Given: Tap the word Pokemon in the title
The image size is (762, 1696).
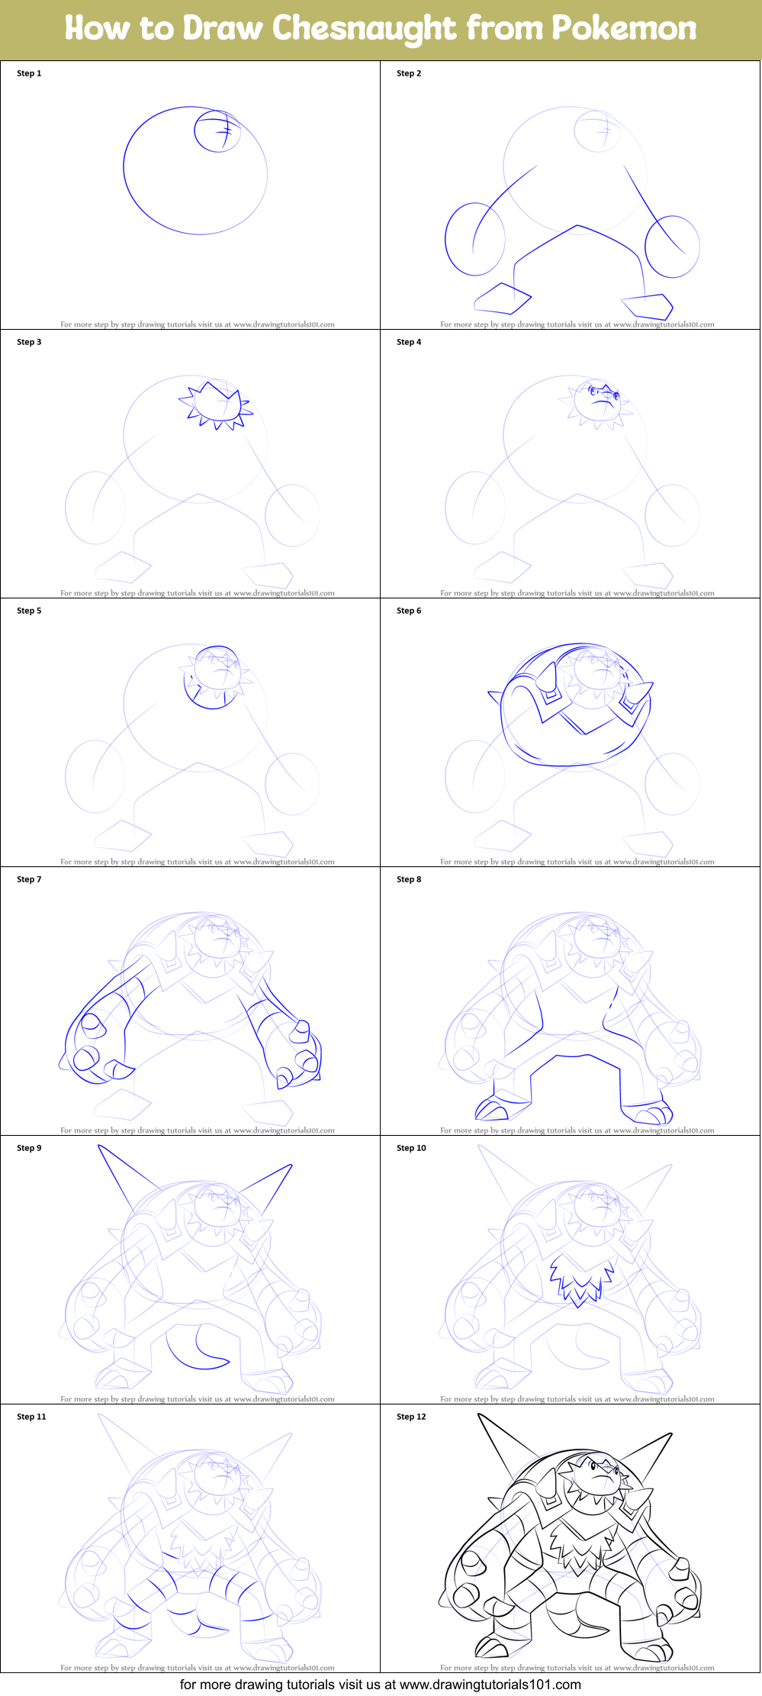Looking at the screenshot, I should click(x=624, y=29).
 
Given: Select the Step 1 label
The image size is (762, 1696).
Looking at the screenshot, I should click(x=29, y=73).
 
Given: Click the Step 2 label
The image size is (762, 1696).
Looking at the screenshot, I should click(x=409, y=73).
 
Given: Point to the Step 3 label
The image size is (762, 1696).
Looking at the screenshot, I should click(x=29, y=342).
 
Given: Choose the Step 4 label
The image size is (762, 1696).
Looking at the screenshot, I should click(x=409, y=342).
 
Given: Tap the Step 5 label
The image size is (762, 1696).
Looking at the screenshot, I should click(x=29, y=611).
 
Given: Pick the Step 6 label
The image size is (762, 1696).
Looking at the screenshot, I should click(x=409, y=611).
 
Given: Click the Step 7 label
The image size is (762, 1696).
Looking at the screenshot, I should click(x=29, y=879).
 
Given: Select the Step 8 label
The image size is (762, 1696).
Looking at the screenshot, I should click(x=409, y=879).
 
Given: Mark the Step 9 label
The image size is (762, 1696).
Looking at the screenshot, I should click(x=29, y=1148).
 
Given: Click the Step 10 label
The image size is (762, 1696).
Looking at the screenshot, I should click(x=411, y=1148).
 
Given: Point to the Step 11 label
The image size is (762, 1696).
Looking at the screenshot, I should click(x=31, y=1417).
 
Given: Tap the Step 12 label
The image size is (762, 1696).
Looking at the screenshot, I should click(x=411, y=1417).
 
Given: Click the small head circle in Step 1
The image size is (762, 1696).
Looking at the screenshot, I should click(x=217, y=131).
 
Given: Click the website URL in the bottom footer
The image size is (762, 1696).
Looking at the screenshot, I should click(x=490, y=1685).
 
